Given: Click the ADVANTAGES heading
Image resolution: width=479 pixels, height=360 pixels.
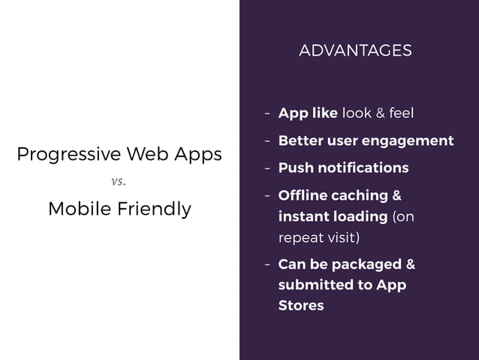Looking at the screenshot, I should [x=355, y=50].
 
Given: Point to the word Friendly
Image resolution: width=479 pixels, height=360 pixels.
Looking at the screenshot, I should [x=154, y=209].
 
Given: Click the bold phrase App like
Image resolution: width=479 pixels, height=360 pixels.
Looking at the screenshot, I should [x=308, y=113].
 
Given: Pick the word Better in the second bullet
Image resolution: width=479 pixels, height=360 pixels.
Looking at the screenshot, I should [x=299, y=141].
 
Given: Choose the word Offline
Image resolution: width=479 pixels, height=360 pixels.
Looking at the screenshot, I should [x=301, y=196].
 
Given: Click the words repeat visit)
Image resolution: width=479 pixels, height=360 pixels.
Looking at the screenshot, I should [x=318, y=237].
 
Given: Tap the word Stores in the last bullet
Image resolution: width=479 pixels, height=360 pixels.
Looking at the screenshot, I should [x=301, y=305].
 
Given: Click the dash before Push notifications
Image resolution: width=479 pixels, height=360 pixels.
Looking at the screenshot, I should [x=267, y=167].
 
